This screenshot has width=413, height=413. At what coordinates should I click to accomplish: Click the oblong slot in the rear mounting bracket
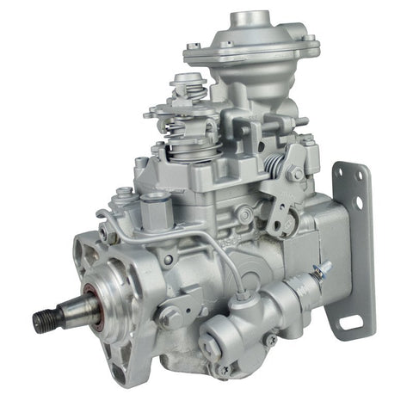click(x=349, y=324)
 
